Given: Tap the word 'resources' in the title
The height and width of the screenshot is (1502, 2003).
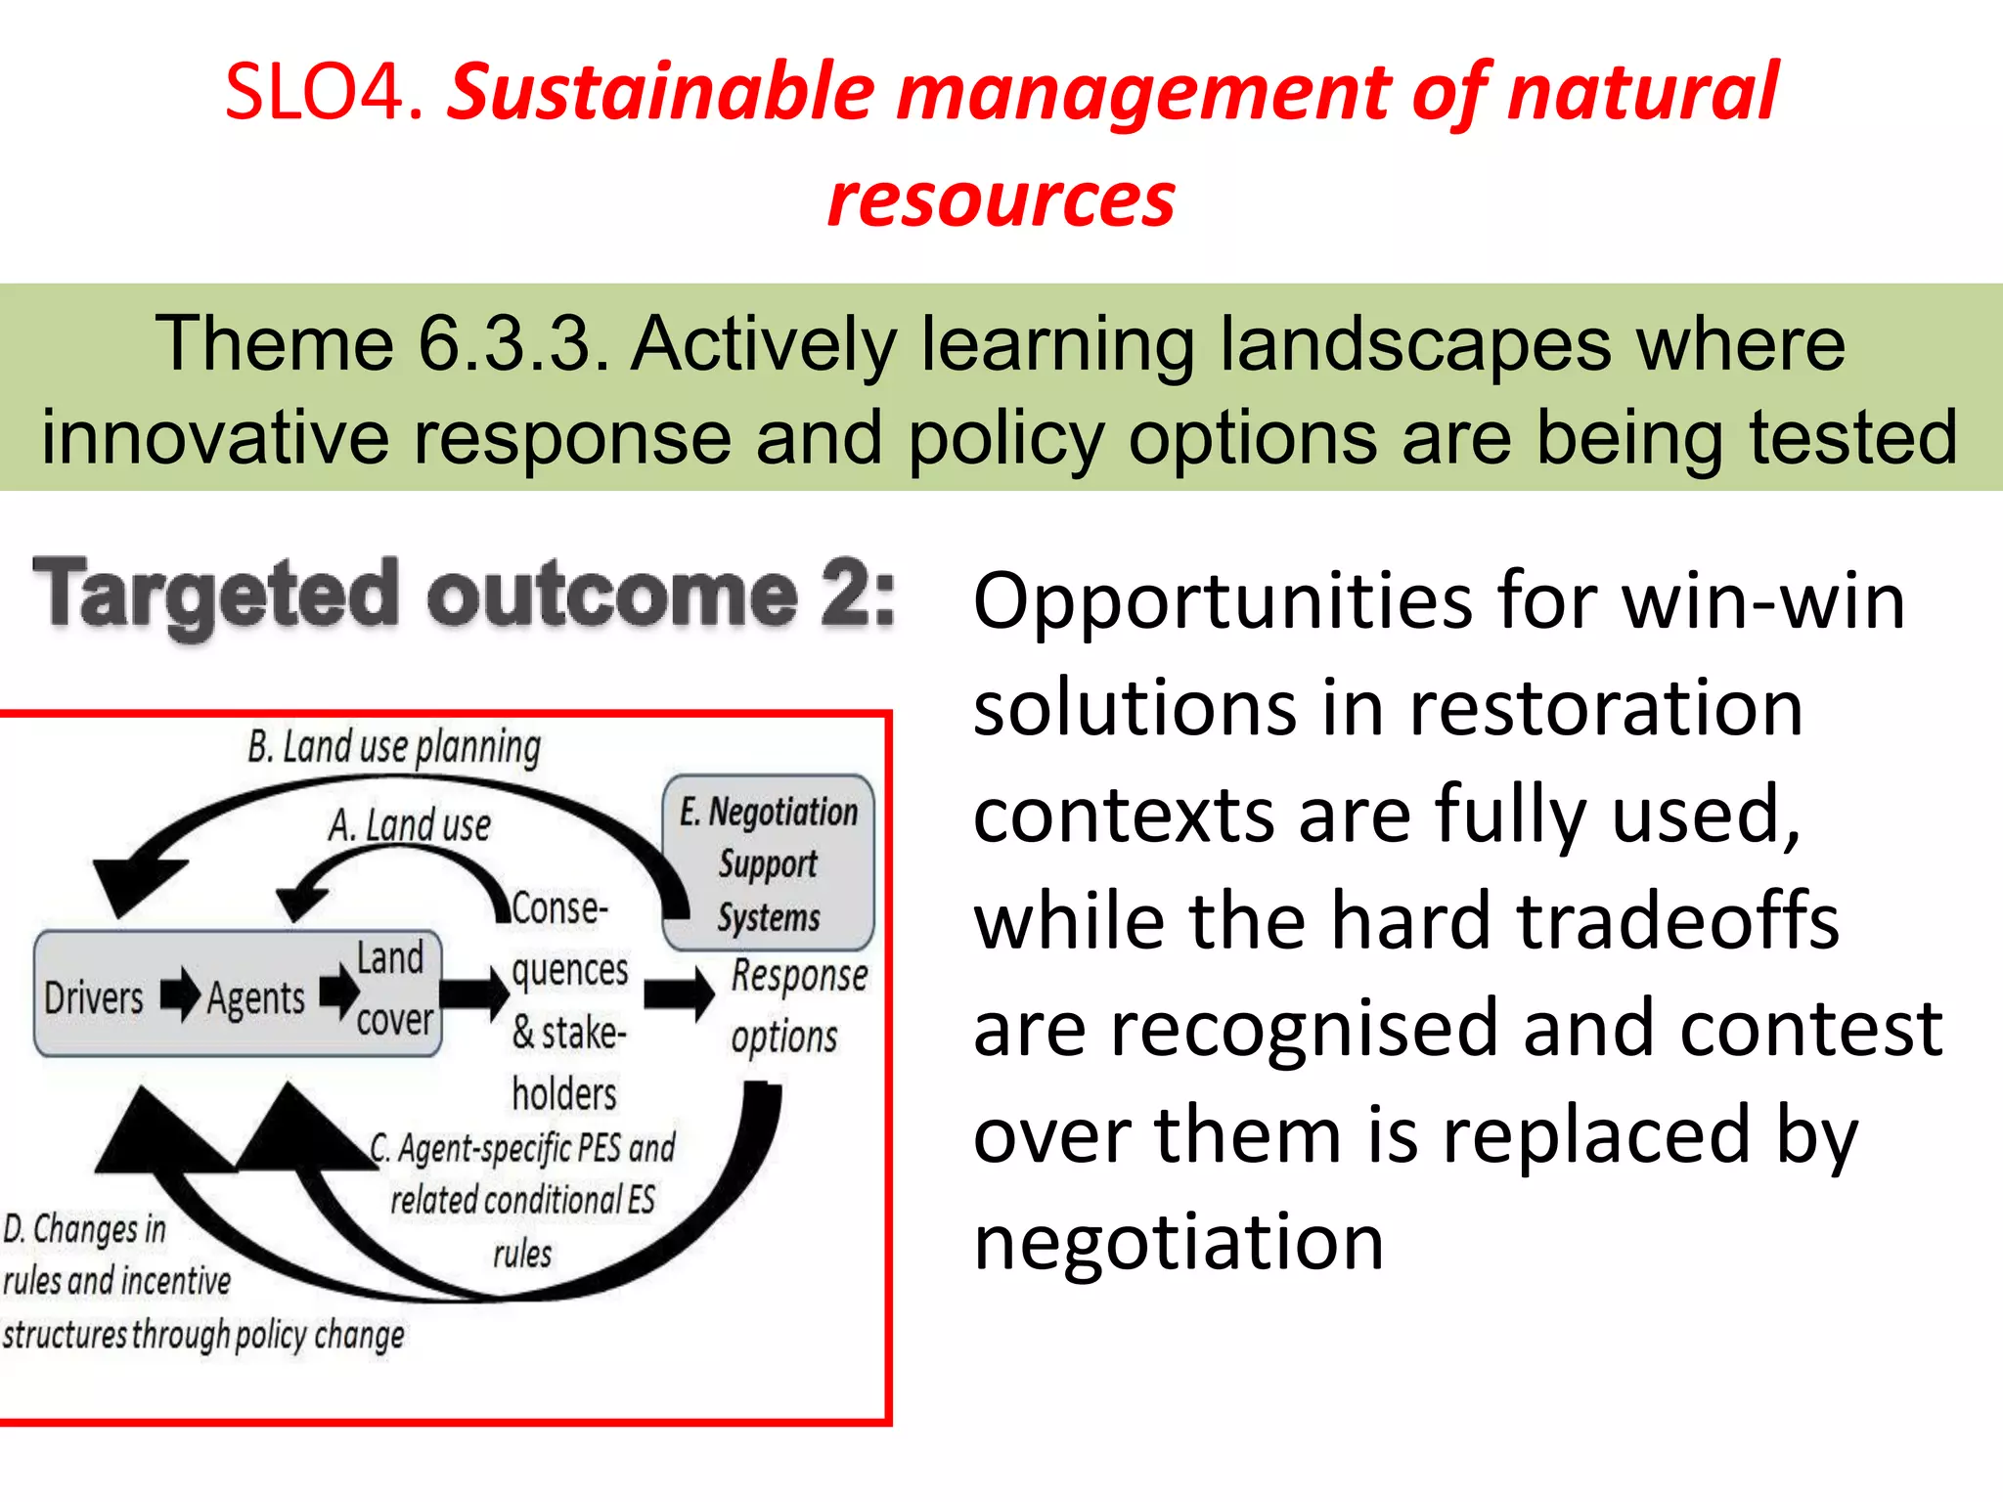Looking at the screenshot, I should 1001,200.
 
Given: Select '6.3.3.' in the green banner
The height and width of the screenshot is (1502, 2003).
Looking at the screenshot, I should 514,344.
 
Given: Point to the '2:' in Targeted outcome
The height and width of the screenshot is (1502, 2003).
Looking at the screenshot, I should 857,594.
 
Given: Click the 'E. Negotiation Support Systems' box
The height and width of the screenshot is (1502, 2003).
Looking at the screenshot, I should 769,863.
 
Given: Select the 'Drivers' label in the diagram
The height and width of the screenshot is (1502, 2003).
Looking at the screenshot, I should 94,998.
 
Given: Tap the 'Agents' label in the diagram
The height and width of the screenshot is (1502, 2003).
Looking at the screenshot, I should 256,998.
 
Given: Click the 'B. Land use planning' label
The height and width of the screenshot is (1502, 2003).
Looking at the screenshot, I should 394,748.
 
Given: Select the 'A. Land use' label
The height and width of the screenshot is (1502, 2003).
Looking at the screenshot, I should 410,825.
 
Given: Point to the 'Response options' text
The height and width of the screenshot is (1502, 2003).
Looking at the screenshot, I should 797,1005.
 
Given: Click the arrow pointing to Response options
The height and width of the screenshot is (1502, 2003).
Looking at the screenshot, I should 679,994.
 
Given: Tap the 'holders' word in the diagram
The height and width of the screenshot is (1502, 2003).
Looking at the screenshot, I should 564,1094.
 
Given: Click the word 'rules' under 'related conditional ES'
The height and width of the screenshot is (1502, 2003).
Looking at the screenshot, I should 522,1254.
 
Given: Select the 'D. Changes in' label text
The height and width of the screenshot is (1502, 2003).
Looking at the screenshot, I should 85,1229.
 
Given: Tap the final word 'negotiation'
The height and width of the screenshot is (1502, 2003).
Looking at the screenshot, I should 1179,1242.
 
